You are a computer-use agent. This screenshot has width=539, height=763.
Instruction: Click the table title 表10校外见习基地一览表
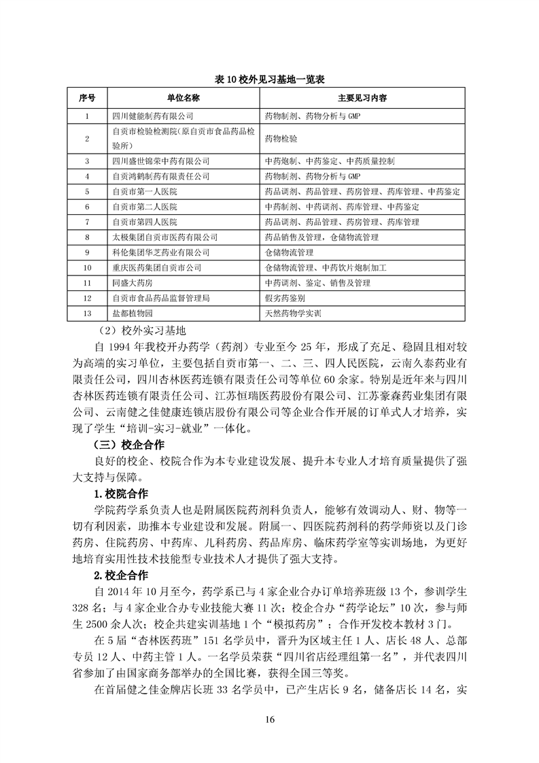coord(270,80)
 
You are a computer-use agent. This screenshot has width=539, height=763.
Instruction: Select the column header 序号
coord(88,98)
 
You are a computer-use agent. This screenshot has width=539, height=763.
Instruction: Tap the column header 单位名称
coord(183,98)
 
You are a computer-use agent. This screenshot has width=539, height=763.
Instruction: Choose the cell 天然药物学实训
coord(292,314)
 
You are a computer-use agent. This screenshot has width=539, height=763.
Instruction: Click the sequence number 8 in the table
coord(88,237)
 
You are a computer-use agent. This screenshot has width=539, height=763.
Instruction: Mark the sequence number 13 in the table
coord(88,314)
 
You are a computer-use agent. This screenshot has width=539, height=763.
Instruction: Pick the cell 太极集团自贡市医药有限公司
coord(164,237)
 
